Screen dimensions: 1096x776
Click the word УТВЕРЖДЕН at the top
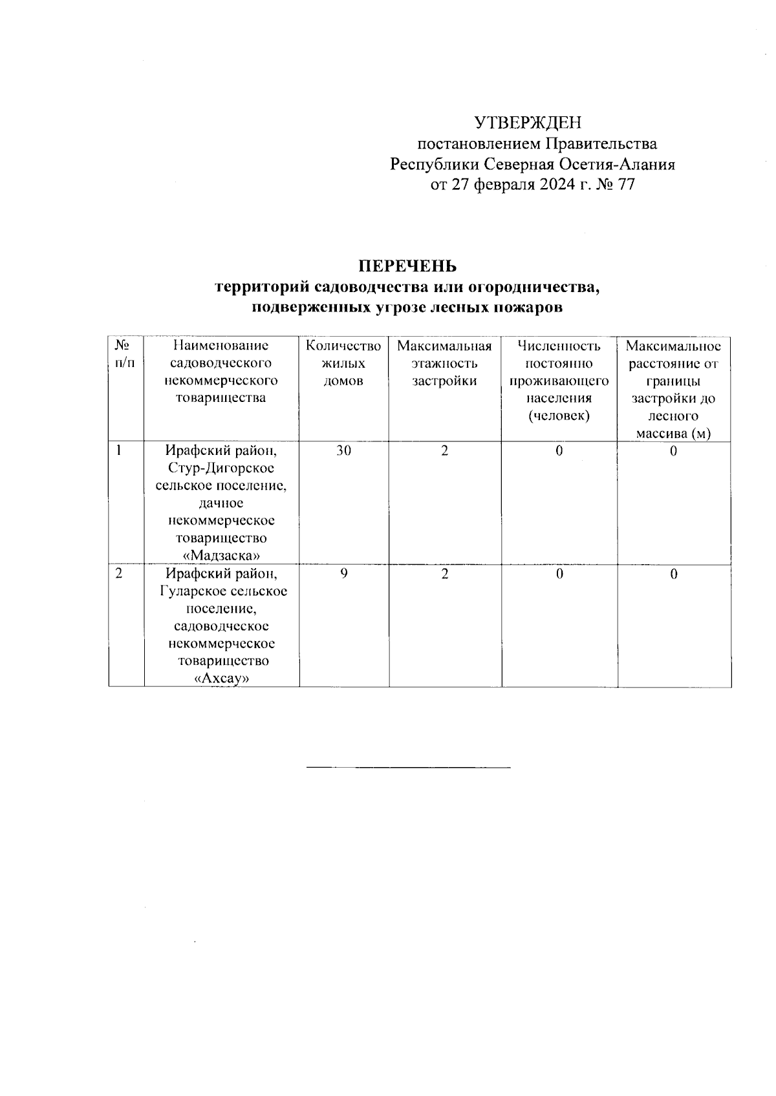coord(528,123)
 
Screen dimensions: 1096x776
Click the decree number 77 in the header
coord(625,185)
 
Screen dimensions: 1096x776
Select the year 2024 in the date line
coord(554,185)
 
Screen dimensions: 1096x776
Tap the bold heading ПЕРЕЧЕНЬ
coord(408,266)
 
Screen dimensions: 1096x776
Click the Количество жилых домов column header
coord(343,363)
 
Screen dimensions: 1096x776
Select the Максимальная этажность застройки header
coord(444,363)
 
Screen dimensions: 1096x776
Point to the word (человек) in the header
coord(559,416)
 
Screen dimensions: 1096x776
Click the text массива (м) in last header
coord(673,434)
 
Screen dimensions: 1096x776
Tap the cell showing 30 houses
coord(343,451)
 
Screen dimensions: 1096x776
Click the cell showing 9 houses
coord(343,574)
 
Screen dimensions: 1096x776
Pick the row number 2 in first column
coord(119,574)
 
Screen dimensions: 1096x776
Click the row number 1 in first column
coord(119,451)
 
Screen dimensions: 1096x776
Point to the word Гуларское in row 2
coord(188,591)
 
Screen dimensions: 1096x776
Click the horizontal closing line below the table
coord(408,768)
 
